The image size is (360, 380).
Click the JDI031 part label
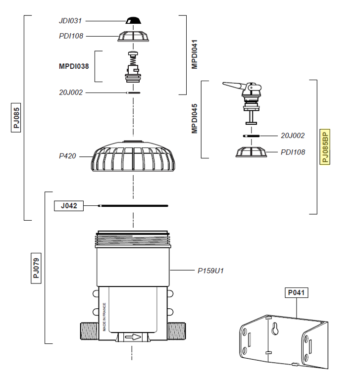pyautogui.click(x=69, y=21)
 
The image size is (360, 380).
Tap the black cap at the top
pyautogui.click(x=134, y=20)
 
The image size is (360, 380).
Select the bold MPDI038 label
pyautogui.click(x=74, y=65)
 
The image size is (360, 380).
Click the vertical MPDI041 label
pyautogui.click(x=195, y=54)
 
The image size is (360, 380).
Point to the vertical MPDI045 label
pyautogui.click(x=195, y=119)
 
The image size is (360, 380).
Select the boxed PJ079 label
pyautogui.click(x=36, y=267)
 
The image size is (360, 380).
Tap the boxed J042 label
pyautogui.click(x=68, y=205)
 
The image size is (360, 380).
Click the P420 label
pyautogui.click(x=67, y=156)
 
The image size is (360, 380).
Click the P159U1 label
pyautogui.click(x=210, y=271)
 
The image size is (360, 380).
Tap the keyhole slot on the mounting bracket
pyautogui.click(x=275, y=328)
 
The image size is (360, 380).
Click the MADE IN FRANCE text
pyautogui.click(x=104, y=317)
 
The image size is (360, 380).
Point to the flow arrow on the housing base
pyautogui.click(x=133, y=337)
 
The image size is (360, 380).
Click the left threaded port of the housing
pyautogui.click(x=89, y=331)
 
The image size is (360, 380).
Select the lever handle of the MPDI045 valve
pyautogui.click(x=232, y=86)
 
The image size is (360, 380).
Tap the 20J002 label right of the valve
pyautogui.click(x=293, y=135)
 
